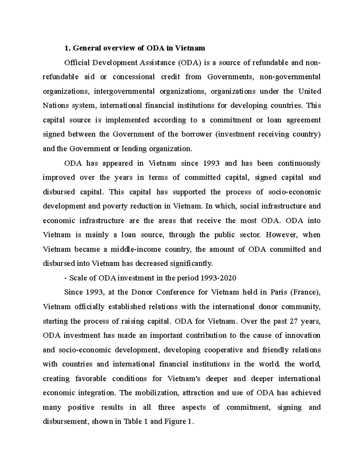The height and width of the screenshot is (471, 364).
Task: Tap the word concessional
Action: point(133,77)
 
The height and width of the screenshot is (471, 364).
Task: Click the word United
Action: point(310,91)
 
